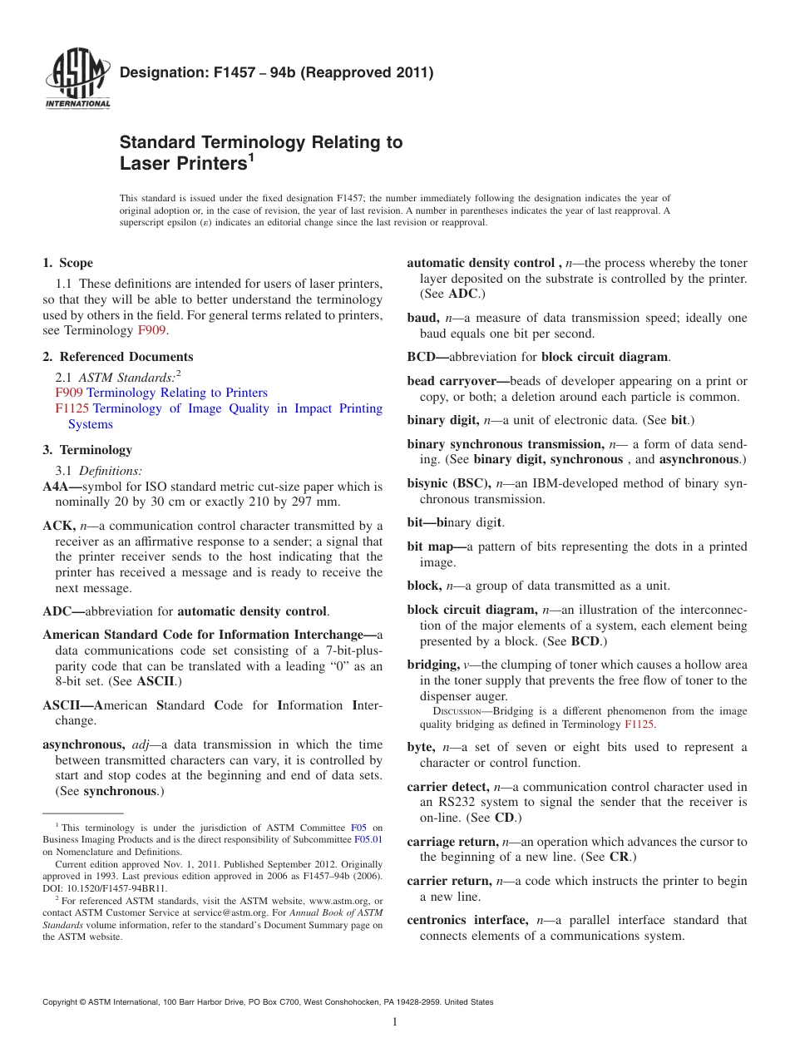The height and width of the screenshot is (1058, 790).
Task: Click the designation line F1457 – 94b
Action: click(277, 72)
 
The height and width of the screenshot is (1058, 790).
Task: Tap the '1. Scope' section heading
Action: click(68, 263)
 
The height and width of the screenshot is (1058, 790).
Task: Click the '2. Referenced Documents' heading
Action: click(118, 357)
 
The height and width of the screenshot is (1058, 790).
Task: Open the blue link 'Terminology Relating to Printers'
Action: click(177, 393)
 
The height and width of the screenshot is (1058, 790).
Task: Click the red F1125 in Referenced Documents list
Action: click(72, 408)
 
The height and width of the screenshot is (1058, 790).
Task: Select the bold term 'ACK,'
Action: click(59, 526)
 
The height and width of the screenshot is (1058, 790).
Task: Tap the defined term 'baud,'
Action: click(423, 318)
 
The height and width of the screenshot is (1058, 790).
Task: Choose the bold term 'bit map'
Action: click(431, 546)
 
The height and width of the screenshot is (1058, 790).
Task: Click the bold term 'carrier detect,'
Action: click(448, 786)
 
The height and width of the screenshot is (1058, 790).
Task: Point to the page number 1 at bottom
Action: click(395, 1022)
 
